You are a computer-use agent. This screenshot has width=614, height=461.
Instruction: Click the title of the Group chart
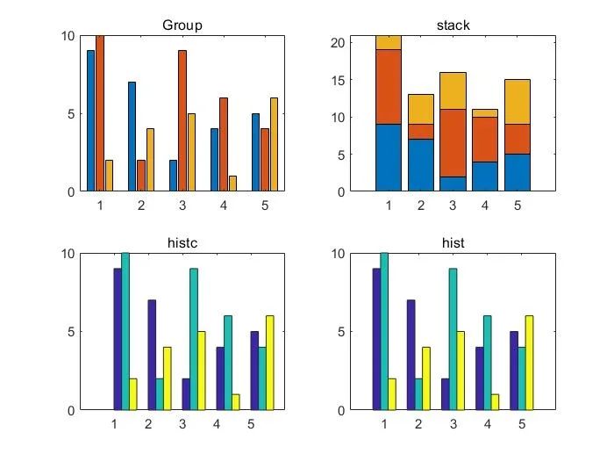coord(182,25)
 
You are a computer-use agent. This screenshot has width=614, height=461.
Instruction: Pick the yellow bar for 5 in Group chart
coord(273,144)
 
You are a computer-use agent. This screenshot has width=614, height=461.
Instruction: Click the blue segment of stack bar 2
coord(421,164)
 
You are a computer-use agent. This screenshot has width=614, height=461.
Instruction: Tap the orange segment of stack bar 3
coord(453,143)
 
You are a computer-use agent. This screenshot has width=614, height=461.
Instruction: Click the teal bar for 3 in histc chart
coord(193,339)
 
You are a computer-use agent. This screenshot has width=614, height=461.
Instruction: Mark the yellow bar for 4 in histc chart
coord(236,402)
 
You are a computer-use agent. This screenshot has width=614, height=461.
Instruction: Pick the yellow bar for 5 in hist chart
coord(529,363)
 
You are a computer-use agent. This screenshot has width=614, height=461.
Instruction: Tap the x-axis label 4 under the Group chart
coord(223,205)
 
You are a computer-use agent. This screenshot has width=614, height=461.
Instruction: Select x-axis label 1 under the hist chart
coord(384,424)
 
